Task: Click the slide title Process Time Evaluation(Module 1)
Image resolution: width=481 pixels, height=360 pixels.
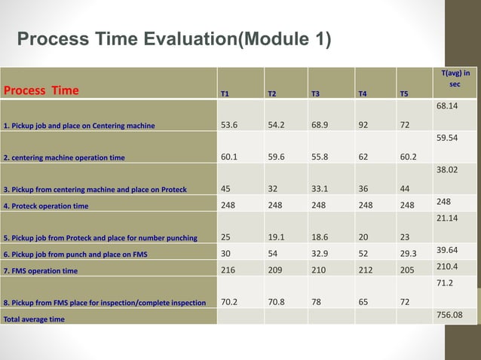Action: pyautogui.click(x=173, y=39)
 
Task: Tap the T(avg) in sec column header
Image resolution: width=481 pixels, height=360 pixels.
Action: pyautogui.click(x=455, y=78)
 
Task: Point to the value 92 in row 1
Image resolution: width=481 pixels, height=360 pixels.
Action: pyautogui.click(x=363, y=124)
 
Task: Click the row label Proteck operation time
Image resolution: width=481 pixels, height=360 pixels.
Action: pyautogui.click(x=46, y=206)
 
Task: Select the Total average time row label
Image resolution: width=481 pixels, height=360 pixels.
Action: pyautogui.click(x=34, y=319)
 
